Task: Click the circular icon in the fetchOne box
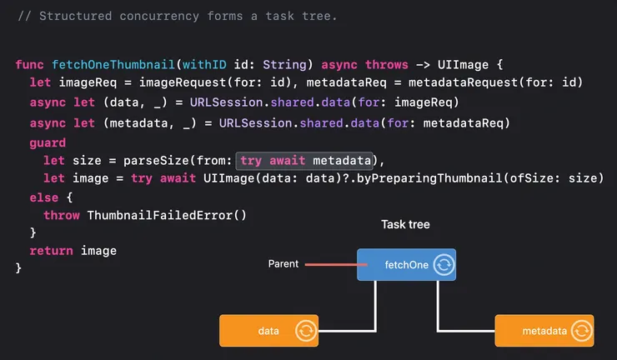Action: click(x=444, y=265)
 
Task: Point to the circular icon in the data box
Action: click(x=306, y=331)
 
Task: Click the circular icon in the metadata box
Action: click(x=580, y=331)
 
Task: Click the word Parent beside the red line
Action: click(x=283, y=264)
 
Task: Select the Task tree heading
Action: click(x=405, y=225)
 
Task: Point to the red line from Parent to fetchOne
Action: click(x=330, y=265)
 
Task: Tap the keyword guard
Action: click(x=47, y=143)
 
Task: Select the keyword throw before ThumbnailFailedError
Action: click(x=62, y=214)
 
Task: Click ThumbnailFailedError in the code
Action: click(x=168, y=214)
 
